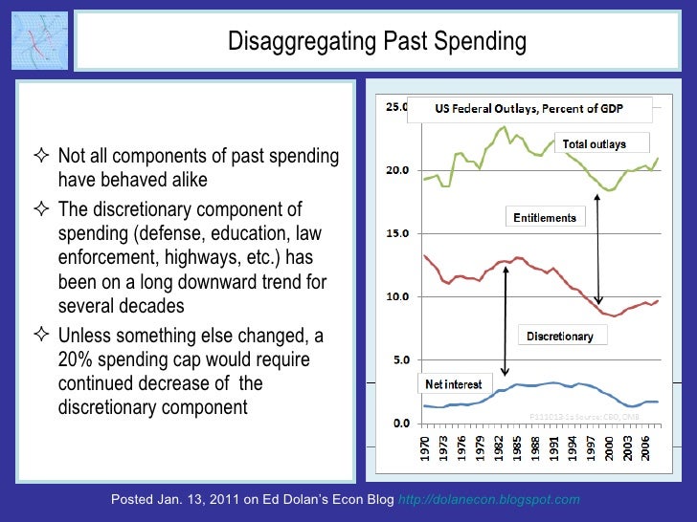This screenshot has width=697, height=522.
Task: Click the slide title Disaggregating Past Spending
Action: point(376,41)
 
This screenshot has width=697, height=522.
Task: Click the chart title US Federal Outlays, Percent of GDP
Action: point(529,109)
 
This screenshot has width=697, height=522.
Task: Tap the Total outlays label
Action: point(594,144)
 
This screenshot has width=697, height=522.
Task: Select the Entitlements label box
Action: point(545,217)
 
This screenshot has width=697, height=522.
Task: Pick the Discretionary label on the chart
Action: point(560,336)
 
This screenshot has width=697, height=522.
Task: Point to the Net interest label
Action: point(452,383)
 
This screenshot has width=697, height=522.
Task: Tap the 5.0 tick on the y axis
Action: point(396,359)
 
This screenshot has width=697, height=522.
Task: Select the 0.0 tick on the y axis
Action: point(396,423)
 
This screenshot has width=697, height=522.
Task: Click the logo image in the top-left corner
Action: point(38,41)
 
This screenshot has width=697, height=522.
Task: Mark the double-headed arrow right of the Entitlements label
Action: point(598,249)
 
